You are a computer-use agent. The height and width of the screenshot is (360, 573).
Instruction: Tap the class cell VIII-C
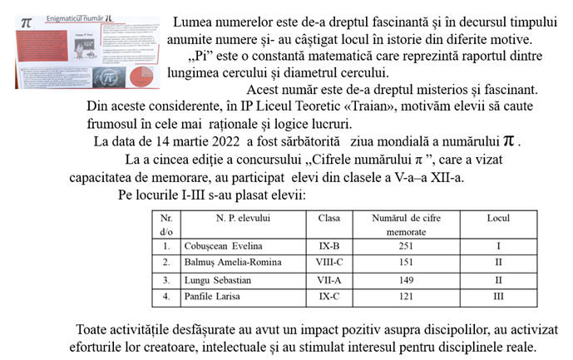[x=328, y=263]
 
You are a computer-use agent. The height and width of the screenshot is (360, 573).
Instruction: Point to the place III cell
[x=498, y=295]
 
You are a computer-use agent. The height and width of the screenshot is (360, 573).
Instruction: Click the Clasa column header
[x=328, y=219]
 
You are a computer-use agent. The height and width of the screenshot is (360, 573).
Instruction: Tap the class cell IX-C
[x=328, y=295]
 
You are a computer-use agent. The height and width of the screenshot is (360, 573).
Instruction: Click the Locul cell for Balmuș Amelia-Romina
[x=498, y=263]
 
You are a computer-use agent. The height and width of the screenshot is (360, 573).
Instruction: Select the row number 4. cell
[x=166, y=295]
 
